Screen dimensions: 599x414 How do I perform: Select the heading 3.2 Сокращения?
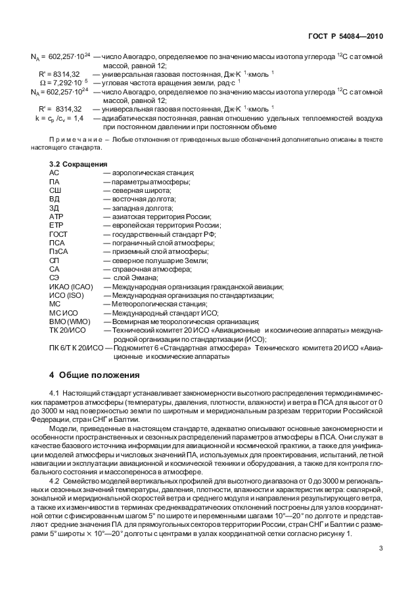[x=79, y=163]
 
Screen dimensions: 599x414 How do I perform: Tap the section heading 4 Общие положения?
[x=95, y=375]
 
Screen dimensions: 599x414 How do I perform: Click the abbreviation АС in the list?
[x=55, y=173]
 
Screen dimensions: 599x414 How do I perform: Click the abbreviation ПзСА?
[x=59, y=251]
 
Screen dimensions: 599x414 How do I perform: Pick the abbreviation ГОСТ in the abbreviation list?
[x=58, y=234]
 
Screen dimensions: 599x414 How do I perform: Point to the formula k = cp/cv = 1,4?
[x=59, y=118]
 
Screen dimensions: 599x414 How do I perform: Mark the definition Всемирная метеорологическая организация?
[x=186, y=322]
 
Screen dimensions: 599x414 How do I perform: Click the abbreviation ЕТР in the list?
[x=56, y=225]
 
